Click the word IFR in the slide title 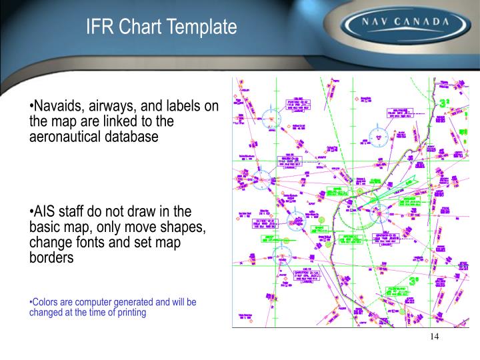99,27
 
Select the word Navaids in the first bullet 57,107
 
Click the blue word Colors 46,302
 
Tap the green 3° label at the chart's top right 445,104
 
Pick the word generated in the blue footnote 135,302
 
